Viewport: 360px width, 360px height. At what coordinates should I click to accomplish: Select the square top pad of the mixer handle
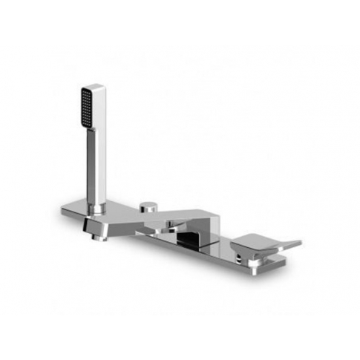pos(255,241)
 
